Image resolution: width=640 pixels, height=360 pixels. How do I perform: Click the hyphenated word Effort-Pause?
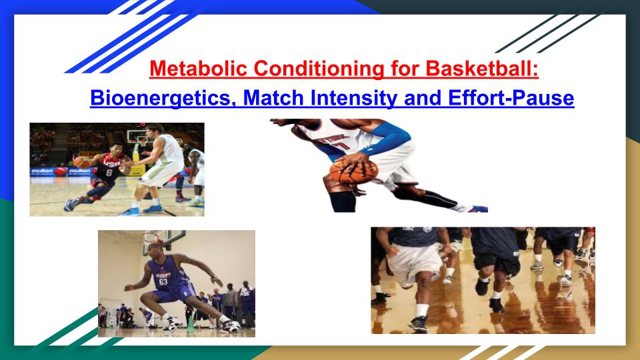coord(511,99)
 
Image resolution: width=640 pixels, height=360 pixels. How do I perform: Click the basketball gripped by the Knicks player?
coord(353,171)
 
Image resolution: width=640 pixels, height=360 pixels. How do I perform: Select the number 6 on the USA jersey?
coord(109,173)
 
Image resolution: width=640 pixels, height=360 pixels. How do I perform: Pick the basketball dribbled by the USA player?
coord(81,161)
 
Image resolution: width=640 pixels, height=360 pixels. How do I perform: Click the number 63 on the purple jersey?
coord(163,282)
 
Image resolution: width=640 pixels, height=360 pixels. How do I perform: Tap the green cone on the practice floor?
coord(190,324)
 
